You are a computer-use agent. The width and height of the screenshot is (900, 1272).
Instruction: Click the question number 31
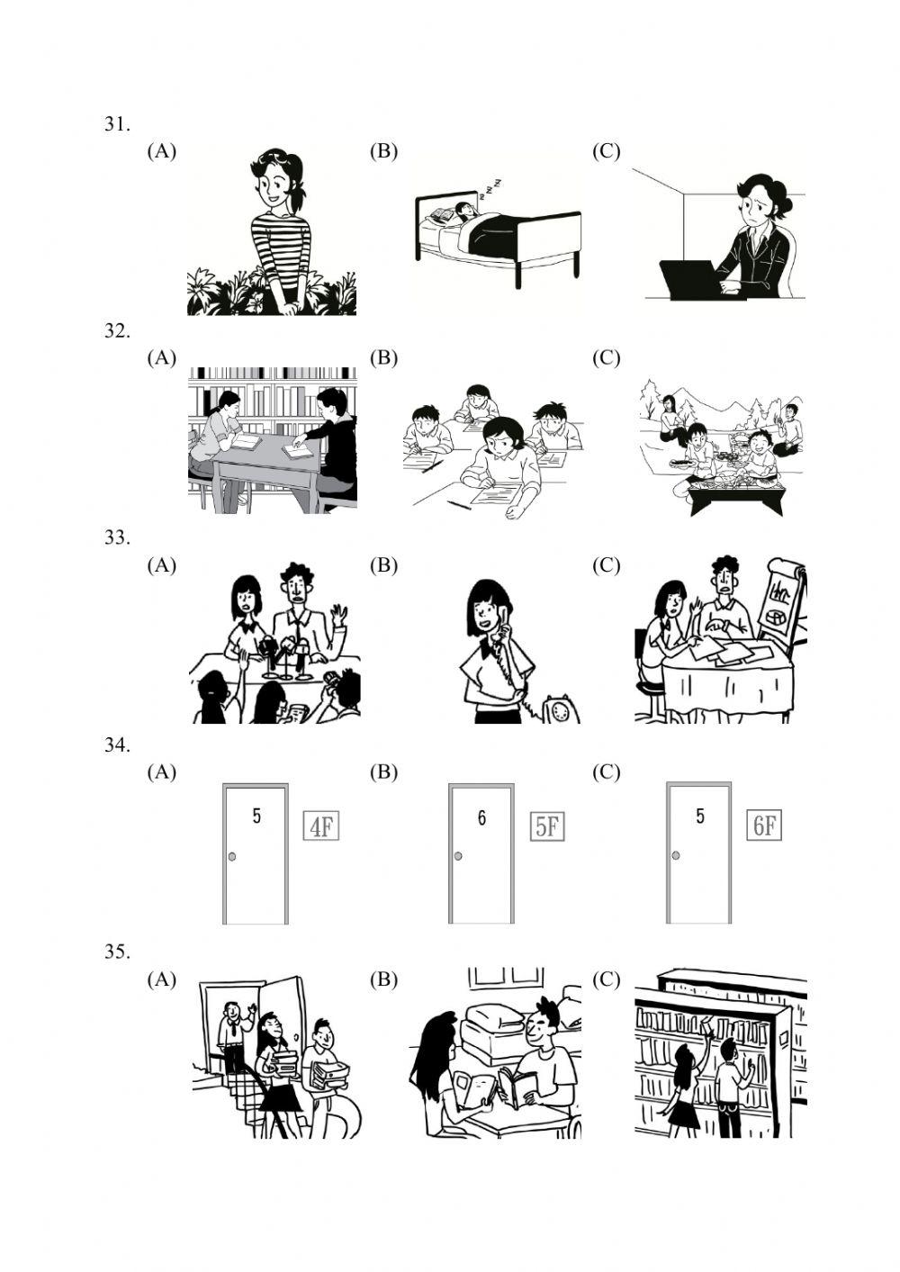[117, 125]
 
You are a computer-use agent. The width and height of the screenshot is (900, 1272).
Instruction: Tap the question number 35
[117, 952]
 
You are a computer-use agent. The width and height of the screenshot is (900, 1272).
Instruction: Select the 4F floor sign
[321, 825]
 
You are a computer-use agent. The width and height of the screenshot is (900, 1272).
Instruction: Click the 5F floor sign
[546, 825]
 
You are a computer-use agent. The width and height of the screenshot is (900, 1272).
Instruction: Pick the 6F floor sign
[764, 825]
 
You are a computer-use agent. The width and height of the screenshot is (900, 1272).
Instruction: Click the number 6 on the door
[481, 817]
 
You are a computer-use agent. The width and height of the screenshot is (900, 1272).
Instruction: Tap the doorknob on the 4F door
[232, 856]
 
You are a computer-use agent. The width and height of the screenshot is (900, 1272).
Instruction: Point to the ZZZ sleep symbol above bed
[491, 187]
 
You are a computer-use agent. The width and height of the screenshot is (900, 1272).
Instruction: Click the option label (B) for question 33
[383, 565]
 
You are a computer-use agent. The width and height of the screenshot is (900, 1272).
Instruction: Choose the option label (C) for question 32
[606, 358]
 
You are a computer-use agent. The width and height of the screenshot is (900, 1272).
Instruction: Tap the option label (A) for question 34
[162, 772]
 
